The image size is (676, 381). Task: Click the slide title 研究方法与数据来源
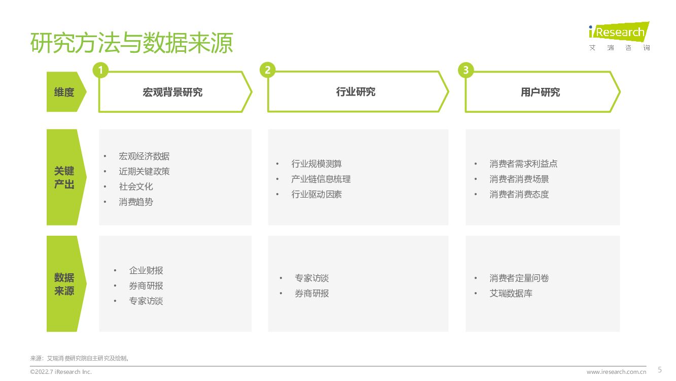pos(131,43)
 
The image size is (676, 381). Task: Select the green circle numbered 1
pos(100,70)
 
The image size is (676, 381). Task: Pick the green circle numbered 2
pos(267,70)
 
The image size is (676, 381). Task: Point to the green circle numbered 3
pos(465,70)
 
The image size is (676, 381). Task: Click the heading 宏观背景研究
pos(172,92)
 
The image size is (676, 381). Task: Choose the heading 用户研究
pos(540,92)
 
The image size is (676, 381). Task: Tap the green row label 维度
pos(64,92)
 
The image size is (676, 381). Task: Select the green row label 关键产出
pos(64,177)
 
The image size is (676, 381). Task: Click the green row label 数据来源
pos(64,284)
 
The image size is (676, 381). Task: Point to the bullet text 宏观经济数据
pos(144,156)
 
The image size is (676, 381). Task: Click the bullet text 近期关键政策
pos(144,172)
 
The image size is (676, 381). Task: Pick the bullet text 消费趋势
pos(136,202)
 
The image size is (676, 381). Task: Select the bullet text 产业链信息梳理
pos(321,179)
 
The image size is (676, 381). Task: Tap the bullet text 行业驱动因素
pos(316,195)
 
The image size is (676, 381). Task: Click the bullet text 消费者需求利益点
pos(523,164)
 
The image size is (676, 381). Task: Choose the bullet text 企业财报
pos(146,271)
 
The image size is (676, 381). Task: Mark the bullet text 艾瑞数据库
pos(511,294)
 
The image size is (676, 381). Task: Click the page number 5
pos(660,369)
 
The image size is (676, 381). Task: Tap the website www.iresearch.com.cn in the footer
pos(616,372)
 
